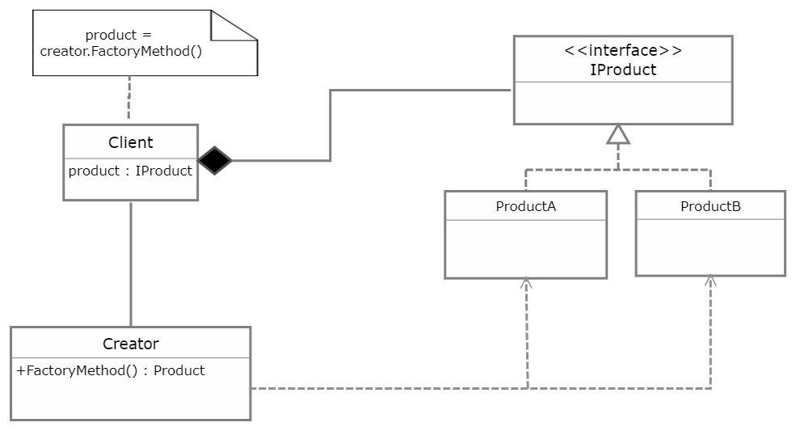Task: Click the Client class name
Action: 130,142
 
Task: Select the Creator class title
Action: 130,344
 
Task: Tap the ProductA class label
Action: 526,206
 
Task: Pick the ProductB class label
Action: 710,206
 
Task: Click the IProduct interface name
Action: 623,70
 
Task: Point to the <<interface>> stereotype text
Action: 623,50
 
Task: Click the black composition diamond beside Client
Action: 214,161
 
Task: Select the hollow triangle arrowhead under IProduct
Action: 618,134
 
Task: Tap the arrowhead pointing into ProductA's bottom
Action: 526,284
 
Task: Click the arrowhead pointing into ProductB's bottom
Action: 710,281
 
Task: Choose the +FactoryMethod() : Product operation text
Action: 110,370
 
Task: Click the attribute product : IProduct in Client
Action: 130,171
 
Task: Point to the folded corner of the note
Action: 234,25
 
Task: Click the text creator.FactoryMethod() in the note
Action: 121,51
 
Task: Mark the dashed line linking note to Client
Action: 129,98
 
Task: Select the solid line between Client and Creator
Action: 131,264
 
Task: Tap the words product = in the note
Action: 118,35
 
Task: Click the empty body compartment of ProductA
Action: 526,249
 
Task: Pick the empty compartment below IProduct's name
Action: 623,103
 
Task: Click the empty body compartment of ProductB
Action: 710,247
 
